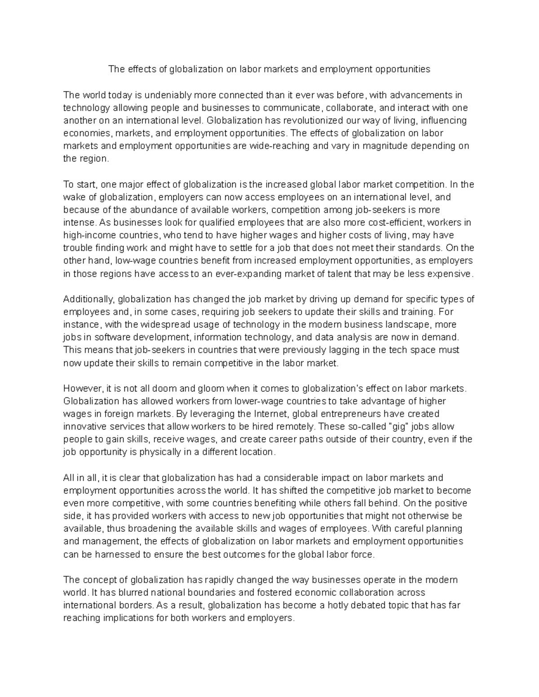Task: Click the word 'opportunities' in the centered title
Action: [403, 69]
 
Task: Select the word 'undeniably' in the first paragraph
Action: [171, 95]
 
